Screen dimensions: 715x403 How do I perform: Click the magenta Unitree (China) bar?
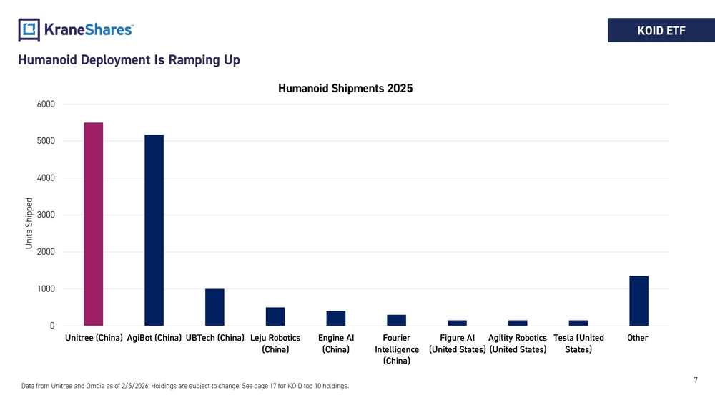pyautogui.click(x=94, y=224)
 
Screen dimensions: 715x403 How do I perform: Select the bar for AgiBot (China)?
pyautogui.click(x=154, y=230)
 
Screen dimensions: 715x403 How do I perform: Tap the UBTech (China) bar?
pyautogui.click(x=214, y=307)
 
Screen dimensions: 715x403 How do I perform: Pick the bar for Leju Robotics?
pyautogui.click(x=275, y=316)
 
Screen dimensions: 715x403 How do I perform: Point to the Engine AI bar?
pyautogui.click(x=336, y=318)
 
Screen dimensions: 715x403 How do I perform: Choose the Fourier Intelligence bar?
pyautogui.click(x=397, y=320)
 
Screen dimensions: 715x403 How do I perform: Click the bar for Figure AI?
pyautogui.click(x=457, y=323)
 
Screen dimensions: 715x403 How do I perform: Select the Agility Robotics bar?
pyautogui.click(x=518, y=323)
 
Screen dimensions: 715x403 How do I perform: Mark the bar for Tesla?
pyautogui.click(x=578, y=323)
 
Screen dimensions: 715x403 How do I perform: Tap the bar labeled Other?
pyautogui.click(x=638, y=301)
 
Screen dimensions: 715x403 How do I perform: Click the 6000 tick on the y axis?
pyautogui.click(x=46, y=104)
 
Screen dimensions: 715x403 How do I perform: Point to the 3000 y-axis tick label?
pyautogui.click(x=46, y=215)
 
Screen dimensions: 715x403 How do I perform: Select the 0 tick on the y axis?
pyautogui.click(x=52, y=326)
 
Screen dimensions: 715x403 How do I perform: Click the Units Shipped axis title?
pyautogui.click(x=29, y=223)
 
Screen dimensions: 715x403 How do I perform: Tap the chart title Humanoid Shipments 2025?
pyautogui.click(x=345, y=88)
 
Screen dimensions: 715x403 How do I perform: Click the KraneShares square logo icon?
pyautogui.click(x=29, y=29)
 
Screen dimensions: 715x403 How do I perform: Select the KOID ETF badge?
pyautogui.click(x=661, y=30)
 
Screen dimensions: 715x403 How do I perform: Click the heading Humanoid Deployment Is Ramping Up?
pyautogui.click(x=129, y=60)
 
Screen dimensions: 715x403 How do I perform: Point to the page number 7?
pyautogui.click(x=696, y=379)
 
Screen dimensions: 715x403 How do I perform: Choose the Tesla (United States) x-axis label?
pyautogui.click(x=578, y=344)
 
